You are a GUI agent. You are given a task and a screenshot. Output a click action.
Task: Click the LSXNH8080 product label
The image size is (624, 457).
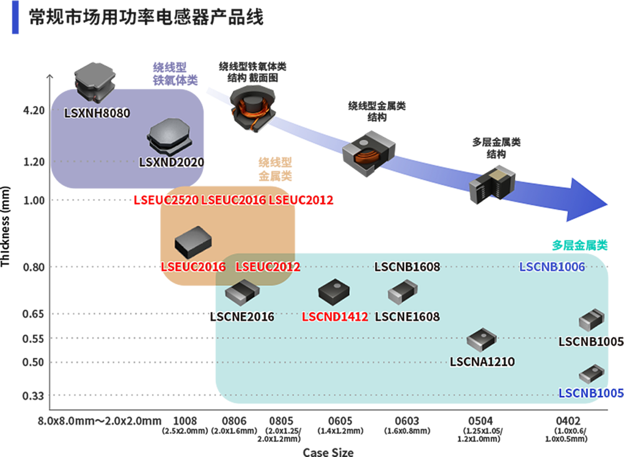pos(97,113)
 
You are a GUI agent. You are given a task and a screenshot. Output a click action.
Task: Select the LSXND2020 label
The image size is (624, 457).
pos(171,163)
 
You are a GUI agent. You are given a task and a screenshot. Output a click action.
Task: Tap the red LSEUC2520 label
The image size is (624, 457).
pos(166,200)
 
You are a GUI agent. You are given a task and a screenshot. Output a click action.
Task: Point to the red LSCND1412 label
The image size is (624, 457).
pos(335,316)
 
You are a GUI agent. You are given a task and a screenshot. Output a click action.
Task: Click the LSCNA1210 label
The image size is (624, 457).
pos(482,362)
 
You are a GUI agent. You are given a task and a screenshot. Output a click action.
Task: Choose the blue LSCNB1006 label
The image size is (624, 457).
pos(552,266)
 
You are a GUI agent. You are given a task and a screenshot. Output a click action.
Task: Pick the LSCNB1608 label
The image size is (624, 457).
pos(407,266)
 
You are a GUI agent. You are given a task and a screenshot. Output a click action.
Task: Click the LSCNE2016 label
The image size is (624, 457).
pos(241,316)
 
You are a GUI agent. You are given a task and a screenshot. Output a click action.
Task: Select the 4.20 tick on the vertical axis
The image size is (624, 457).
pos(34,111)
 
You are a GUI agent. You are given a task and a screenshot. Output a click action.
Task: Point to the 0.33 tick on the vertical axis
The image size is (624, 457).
pos(34,396)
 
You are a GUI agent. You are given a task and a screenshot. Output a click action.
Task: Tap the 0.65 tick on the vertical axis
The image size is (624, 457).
pos(34,314)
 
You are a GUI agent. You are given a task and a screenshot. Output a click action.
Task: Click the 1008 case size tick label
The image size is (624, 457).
pos(185,421)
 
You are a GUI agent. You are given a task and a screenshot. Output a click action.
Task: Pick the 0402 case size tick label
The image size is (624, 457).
pos(568,421)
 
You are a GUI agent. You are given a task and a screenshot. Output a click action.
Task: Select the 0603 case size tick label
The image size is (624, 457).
pos(407,421)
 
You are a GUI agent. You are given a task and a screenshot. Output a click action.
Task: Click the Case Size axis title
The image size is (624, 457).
pos(328,452)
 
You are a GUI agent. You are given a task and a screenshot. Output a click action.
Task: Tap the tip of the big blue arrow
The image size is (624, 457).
pos(607,205)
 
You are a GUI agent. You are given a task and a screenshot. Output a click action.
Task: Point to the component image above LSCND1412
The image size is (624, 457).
pos(334,292)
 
